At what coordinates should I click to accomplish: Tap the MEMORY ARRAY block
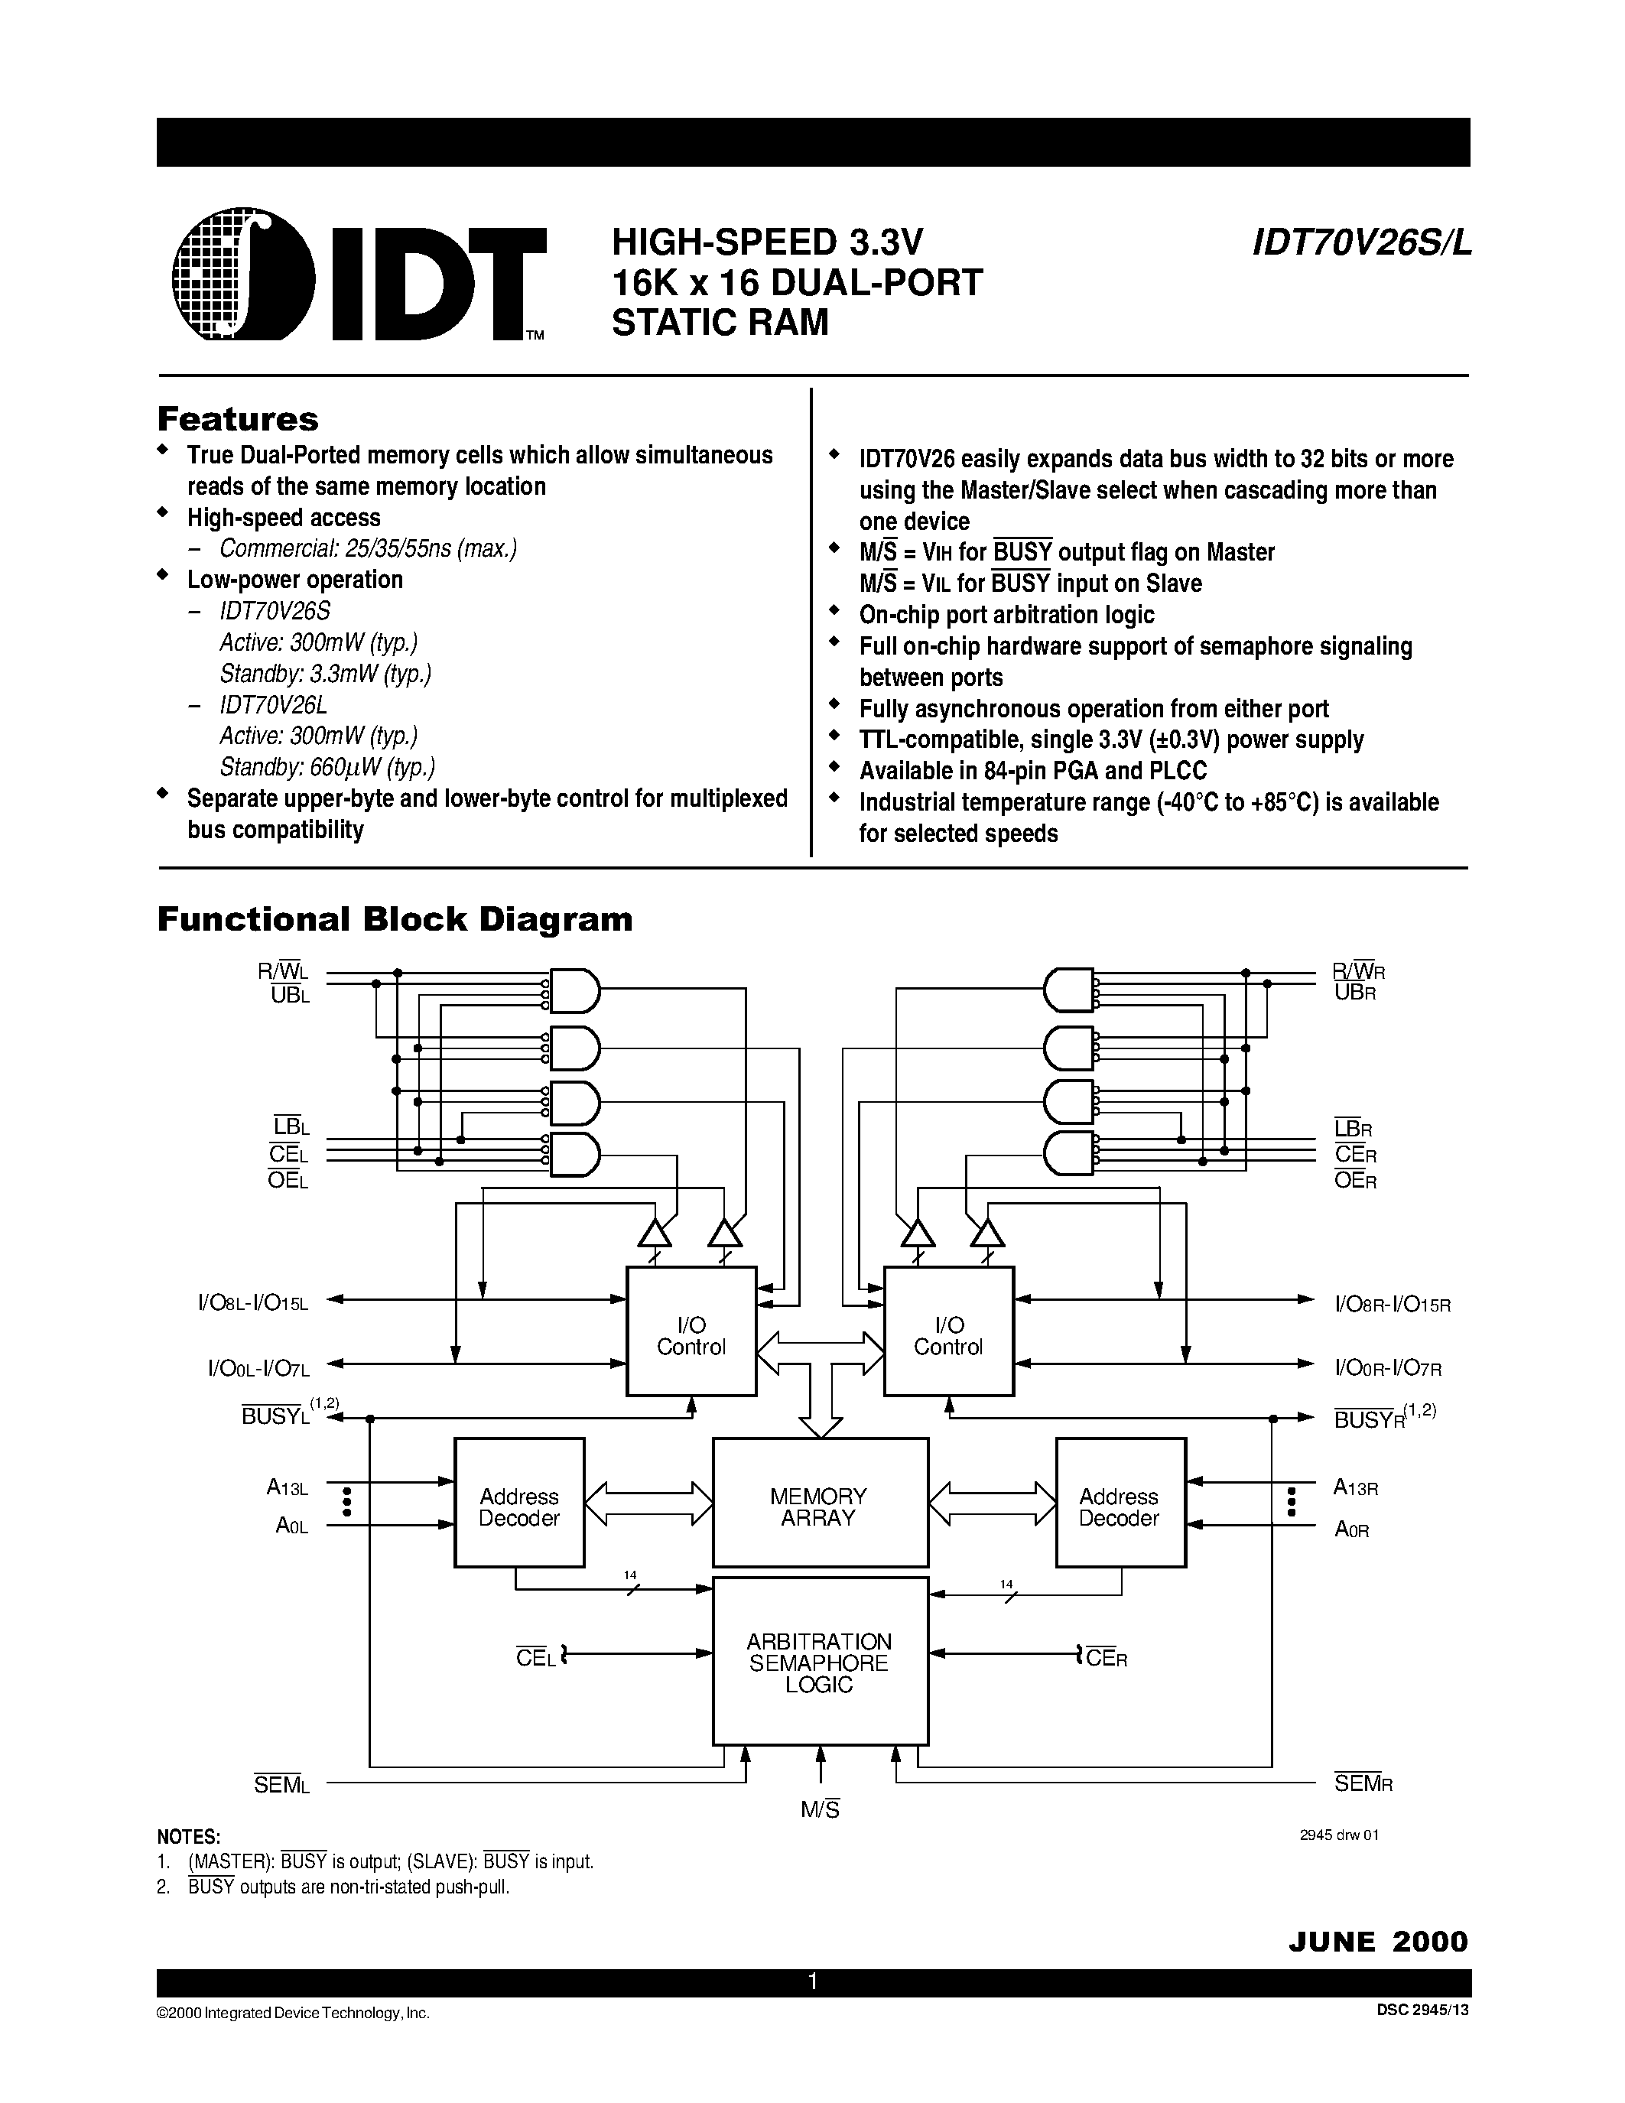point(819,1507)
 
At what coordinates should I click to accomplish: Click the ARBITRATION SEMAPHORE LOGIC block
point(819,1662)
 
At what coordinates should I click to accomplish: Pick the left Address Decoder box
point(519,1507)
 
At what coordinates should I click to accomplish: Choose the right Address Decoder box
point(1120,1507)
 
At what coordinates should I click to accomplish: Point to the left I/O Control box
point(691,1335)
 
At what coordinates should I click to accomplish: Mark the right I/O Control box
point(948,1335)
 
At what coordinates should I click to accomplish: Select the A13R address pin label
point(1356,1487)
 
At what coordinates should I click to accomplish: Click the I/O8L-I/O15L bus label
point(253,1304)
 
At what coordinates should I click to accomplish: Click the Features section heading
point(238,419)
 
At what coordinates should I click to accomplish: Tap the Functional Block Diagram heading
point(395,918)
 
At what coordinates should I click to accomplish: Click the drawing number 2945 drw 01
point(1339,1835)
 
